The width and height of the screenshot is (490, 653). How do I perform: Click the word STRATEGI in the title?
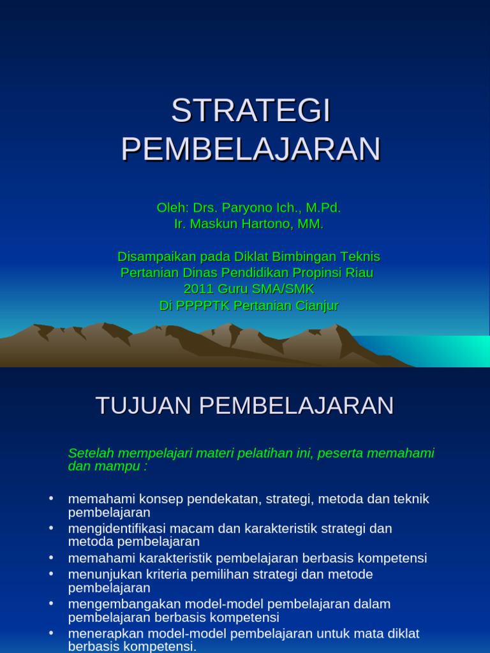pos(251,111)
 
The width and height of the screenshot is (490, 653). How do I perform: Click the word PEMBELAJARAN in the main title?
pos(251,149)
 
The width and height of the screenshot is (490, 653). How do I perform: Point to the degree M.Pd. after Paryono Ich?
pos(323,208)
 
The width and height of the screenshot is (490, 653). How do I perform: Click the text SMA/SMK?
pos(282,290)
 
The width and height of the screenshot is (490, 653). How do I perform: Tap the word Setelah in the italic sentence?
pos(89,453)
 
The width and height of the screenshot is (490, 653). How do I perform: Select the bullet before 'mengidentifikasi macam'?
pos(51,528)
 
